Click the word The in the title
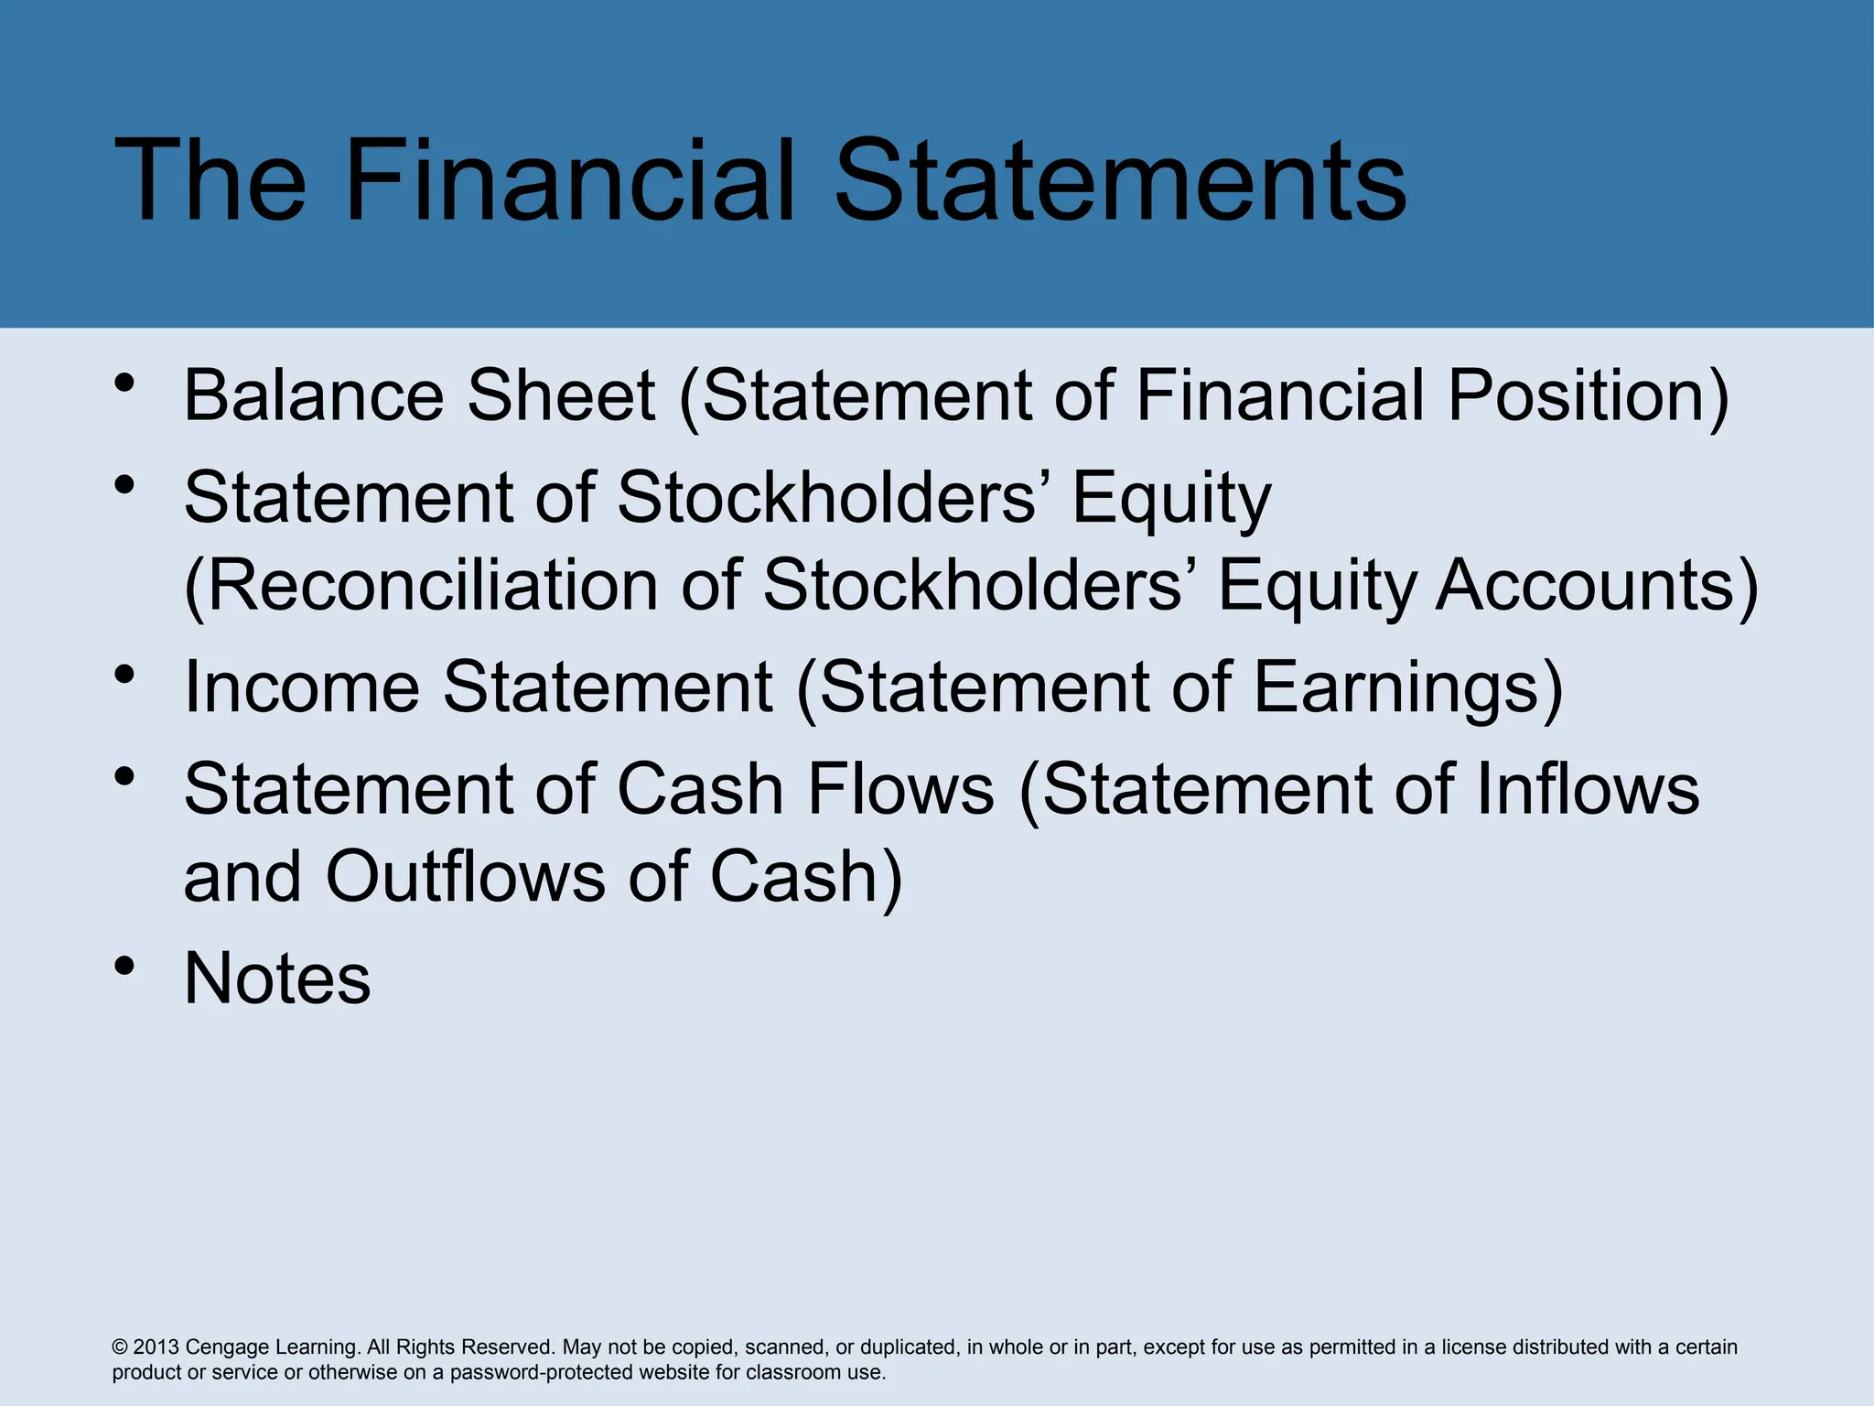click(210, 180)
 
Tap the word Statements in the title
click(1120, 180)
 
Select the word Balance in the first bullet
click(313, 395)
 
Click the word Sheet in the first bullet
click(561, 395)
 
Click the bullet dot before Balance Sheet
click(125, 383)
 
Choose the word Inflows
click(1588, 788)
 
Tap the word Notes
click(277, 979)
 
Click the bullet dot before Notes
click(125, 967)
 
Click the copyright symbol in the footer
click(120, 1347)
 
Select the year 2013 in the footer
click(156, 1347)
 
